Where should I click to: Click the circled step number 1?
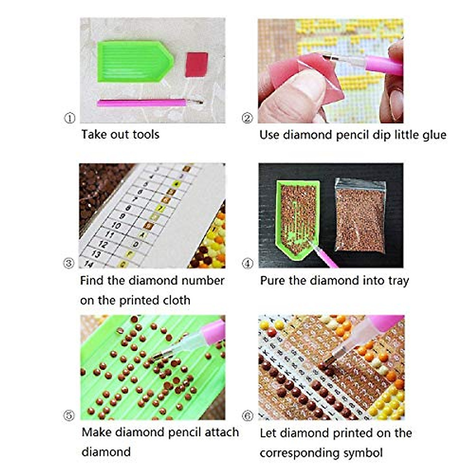(x=70, y=118)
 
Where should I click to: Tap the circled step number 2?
(x=247, y=118)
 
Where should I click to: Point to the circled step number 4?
(x=248, y=263)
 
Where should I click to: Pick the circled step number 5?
(x=69, y=415)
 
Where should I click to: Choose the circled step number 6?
(x=248, y=416)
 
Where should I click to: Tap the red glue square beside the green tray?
(x=196, y=64)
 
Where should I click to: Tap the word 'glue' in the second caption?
(x=433, y=135)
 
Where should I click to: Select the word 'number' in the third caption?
(x=203, y=280)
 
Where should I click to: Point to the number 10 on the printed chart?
(x=116, y=225)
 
